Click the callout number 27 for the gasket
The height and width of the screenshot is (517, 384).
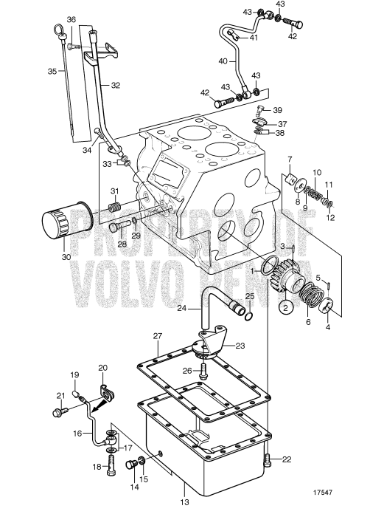(157, 336)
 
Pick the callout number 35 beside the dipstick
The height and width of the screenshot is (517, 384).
(52, 72)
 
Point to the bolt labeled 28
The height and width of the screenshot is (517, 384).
(116, 228)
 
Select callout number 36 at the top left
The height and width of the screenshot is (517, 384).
(71, 19)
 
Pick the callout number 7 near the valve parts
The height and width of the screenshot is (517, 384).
(290, 160)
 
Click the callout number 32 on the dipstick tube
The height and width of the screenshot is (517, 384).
(115, 86)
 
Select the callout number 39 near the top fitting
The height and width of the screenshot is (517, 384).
(277, 110)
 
